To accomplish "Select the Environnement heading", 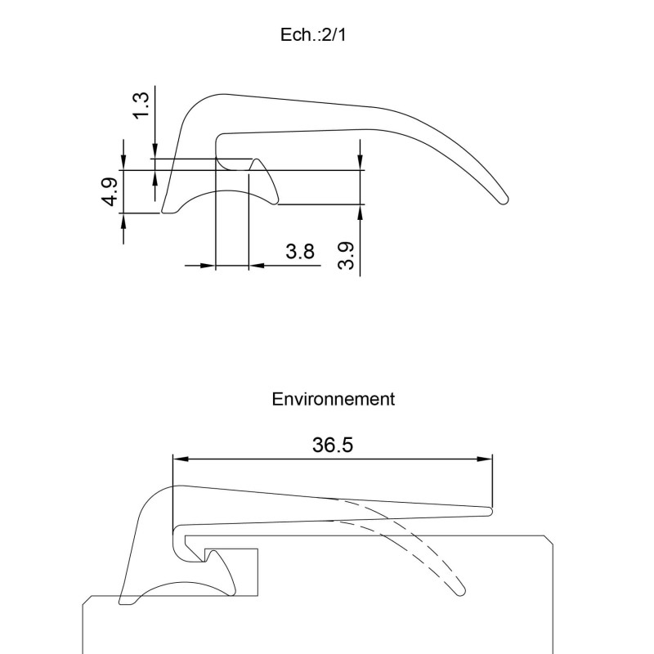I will click(333, 399).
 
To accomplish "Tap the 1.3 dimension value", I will click(141, 104).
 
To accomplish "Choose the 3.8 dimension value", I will click(300, 252).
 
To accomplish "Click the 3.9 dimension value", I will click(346, 256).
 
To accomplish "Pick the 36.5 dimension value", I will click(333, 445).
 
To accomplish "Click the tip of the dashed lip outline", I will click(460, 589).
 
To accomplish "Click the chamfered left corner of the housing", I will click(87, 600).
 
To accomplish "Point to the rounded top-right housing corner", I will click(549, 539).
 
